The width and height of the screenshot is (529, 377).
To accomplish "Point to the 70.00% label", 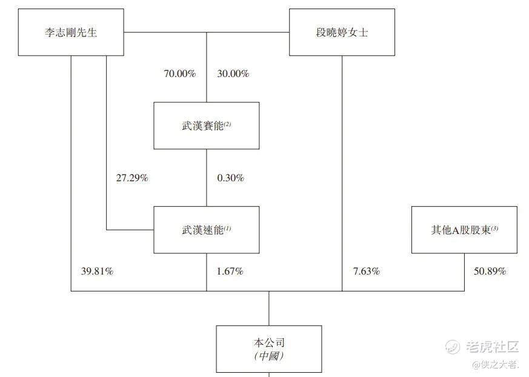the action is click(x=180, y=73).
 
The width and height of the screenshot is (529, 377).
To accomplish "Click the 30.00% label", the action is click(x=233, y=73).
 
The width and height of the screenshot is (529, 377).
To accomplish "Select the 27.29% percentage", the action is click(x=132, y=178).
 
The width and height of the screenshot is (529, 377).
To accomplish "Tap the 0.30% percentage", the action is click(x=231, y=178).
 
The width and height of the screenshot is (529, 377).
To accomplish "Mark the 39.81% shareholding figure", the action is click(x=97, y=272).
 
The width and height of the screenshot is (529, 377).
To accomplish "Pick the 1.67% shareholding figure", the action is click(x=230, y=272).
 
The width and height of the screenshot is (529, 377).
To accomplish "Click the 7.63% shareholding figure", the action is click(x=367, y=272).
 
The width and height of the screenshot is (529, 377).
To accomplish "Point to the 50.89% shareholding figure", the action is click(x=490, y=272).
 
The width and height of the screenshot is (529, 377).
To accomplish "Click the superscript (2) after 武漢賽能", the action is click(x=227, y=124).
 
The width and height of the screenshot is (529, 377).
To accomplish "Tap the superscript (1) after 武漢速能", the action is click(x=227, y=229).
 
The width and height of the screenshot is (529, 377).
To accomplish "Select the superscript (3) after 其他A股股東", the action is click(x=494, y=229).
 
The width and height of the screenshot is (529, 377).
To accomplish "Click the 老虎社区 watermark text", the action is click(x=492, y=347).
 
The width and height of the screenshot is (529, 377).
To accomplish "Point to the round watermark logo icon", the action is click(x=453, y=347).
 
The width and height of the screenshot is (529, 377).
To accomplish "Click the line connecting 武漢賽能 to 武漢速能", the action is click(x=207, y=178).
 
